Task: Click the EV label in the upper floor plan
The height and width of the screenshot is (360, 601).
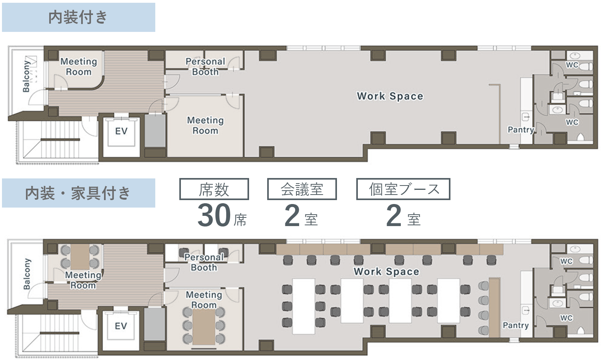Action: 121,131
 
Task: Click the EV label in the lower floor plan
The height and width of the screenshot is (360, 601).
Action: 121,326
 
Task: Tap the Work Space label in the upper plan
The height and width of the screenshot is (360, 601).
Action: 390,96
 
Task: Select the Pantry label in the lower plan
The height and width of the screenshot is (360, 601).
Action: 516,325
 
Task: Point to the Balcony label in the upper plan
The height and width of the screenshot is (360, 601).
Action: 26,76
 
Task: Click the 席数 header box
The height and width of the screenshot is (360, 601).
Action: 214,189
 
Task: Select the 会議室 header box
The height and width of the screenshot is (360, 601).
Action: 302,189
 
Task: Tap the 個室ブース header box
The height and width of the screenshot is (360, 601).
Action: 403,189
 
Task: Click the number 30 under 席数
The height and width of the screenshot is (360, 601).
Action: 214,215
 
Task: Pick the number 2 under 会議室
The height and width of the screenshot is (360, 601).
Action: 292,215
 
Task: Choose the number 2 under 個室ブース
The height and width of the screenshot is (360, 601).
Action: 394,215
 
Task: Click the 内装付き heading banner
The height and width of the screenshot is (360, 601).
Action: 78,17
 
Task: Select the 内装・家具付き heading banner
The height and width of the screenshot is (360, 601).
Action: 78,193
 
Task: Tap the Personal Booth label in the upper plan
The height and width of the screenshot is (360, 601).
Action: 205,67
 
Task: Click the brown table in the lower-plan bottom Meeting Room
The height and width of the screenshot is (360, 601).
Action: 204,327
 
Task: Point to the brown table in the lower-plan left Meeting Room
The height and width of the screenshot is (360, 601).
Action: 80,257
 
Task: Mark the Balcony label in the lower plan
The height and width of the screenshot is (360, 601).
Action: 27,274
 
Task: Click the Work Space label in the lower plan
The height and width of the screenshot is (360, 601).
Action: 386,271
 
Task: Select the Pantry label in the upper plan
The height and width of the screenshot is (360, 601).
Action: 521,130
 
